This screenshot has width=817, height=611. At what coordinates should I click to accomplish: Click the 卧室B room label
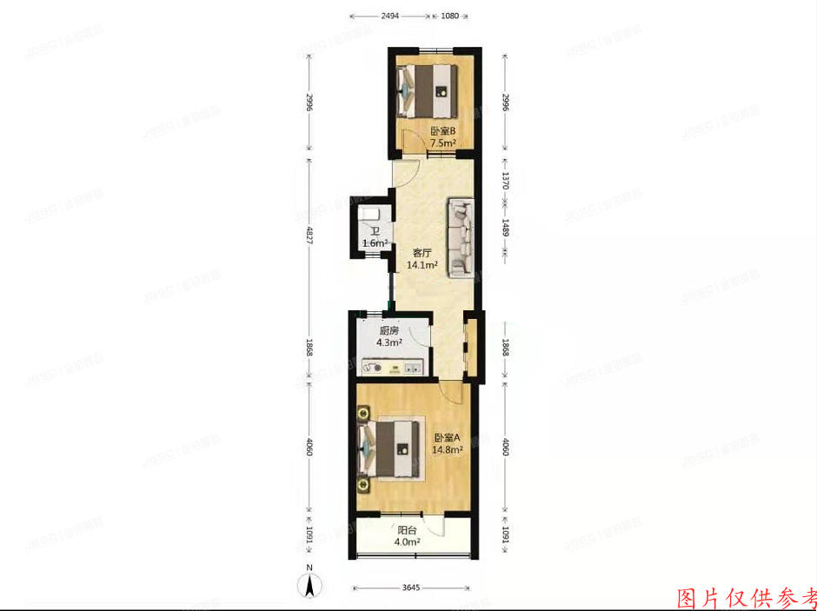(442, 132)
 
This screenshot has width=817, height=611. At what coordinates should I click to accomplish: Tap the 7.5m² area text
(442, 144)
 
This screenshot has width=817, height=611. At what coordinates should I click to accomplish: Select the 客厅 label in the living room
(422, 254)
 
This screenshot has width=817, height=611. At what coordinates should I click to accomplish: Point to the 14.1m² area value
(422, 266)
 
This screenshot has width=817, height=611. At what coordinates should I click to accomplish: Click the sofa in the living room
(462, 238)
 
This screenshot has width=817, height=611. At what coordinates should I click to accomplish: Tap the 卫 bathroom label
(374, 232)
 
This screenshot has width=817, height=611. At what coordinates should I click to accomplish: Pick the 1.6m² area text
(374, 244)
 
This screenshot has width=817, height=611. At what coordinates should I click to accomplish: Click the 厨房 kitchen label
(389, 330)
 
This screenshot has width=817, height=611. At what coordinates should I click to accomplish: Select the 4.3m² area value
(389, 342)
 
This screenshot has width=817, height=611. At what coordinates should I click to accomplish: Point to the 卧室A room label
(448, 438)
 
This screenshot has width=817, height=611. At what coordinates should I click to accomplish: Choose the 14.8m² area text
(448, 450)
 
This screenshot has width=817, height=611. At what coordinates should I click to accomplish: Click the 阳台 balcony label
(407, 530)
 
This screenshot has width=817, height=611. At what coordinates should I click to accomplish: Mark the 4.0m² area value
(407, 542)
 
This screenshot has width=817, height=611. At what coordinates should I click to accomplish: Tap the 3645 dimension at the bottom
(413, 588)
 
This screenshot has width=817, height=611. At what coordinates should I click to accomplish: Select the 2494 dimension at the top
(390, 16)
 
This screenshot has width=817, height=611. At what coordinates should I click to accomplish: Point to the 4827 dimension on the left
(310, 236)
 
